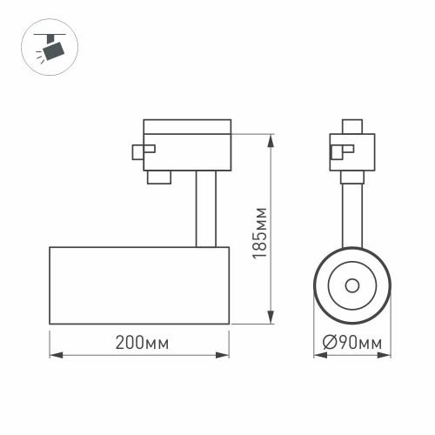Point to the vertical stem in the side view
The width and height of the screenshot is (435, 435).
pyautogui.click(x=205, y=209)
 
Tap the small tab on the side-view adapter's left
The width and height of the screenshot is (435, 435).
pyautogui.click(x=138, y=151)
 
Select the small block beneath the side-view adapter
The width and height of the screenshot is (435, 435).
pyautogui.click(x=159, y=177)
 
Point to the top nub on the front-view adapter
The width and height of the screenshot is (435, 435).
pyautogui.click(x=352, y=125)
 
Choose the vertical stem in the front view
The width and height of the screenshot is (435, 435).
pyautogui.click(x=352, y=213)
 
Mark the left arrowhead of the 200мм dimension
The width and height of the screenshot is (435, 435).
pyautogui.click(x=53, y=356)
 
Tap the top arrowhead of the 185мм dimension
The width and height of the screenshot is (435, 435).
pyautogui.click(x=272, y=137)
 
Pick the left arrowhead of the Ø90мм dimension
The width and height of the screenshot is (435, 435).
pyautogui.click(x=317, y=356)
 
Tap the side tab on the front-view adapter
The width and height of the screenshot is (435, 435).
pyautogui.click(x=335, y=152)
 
